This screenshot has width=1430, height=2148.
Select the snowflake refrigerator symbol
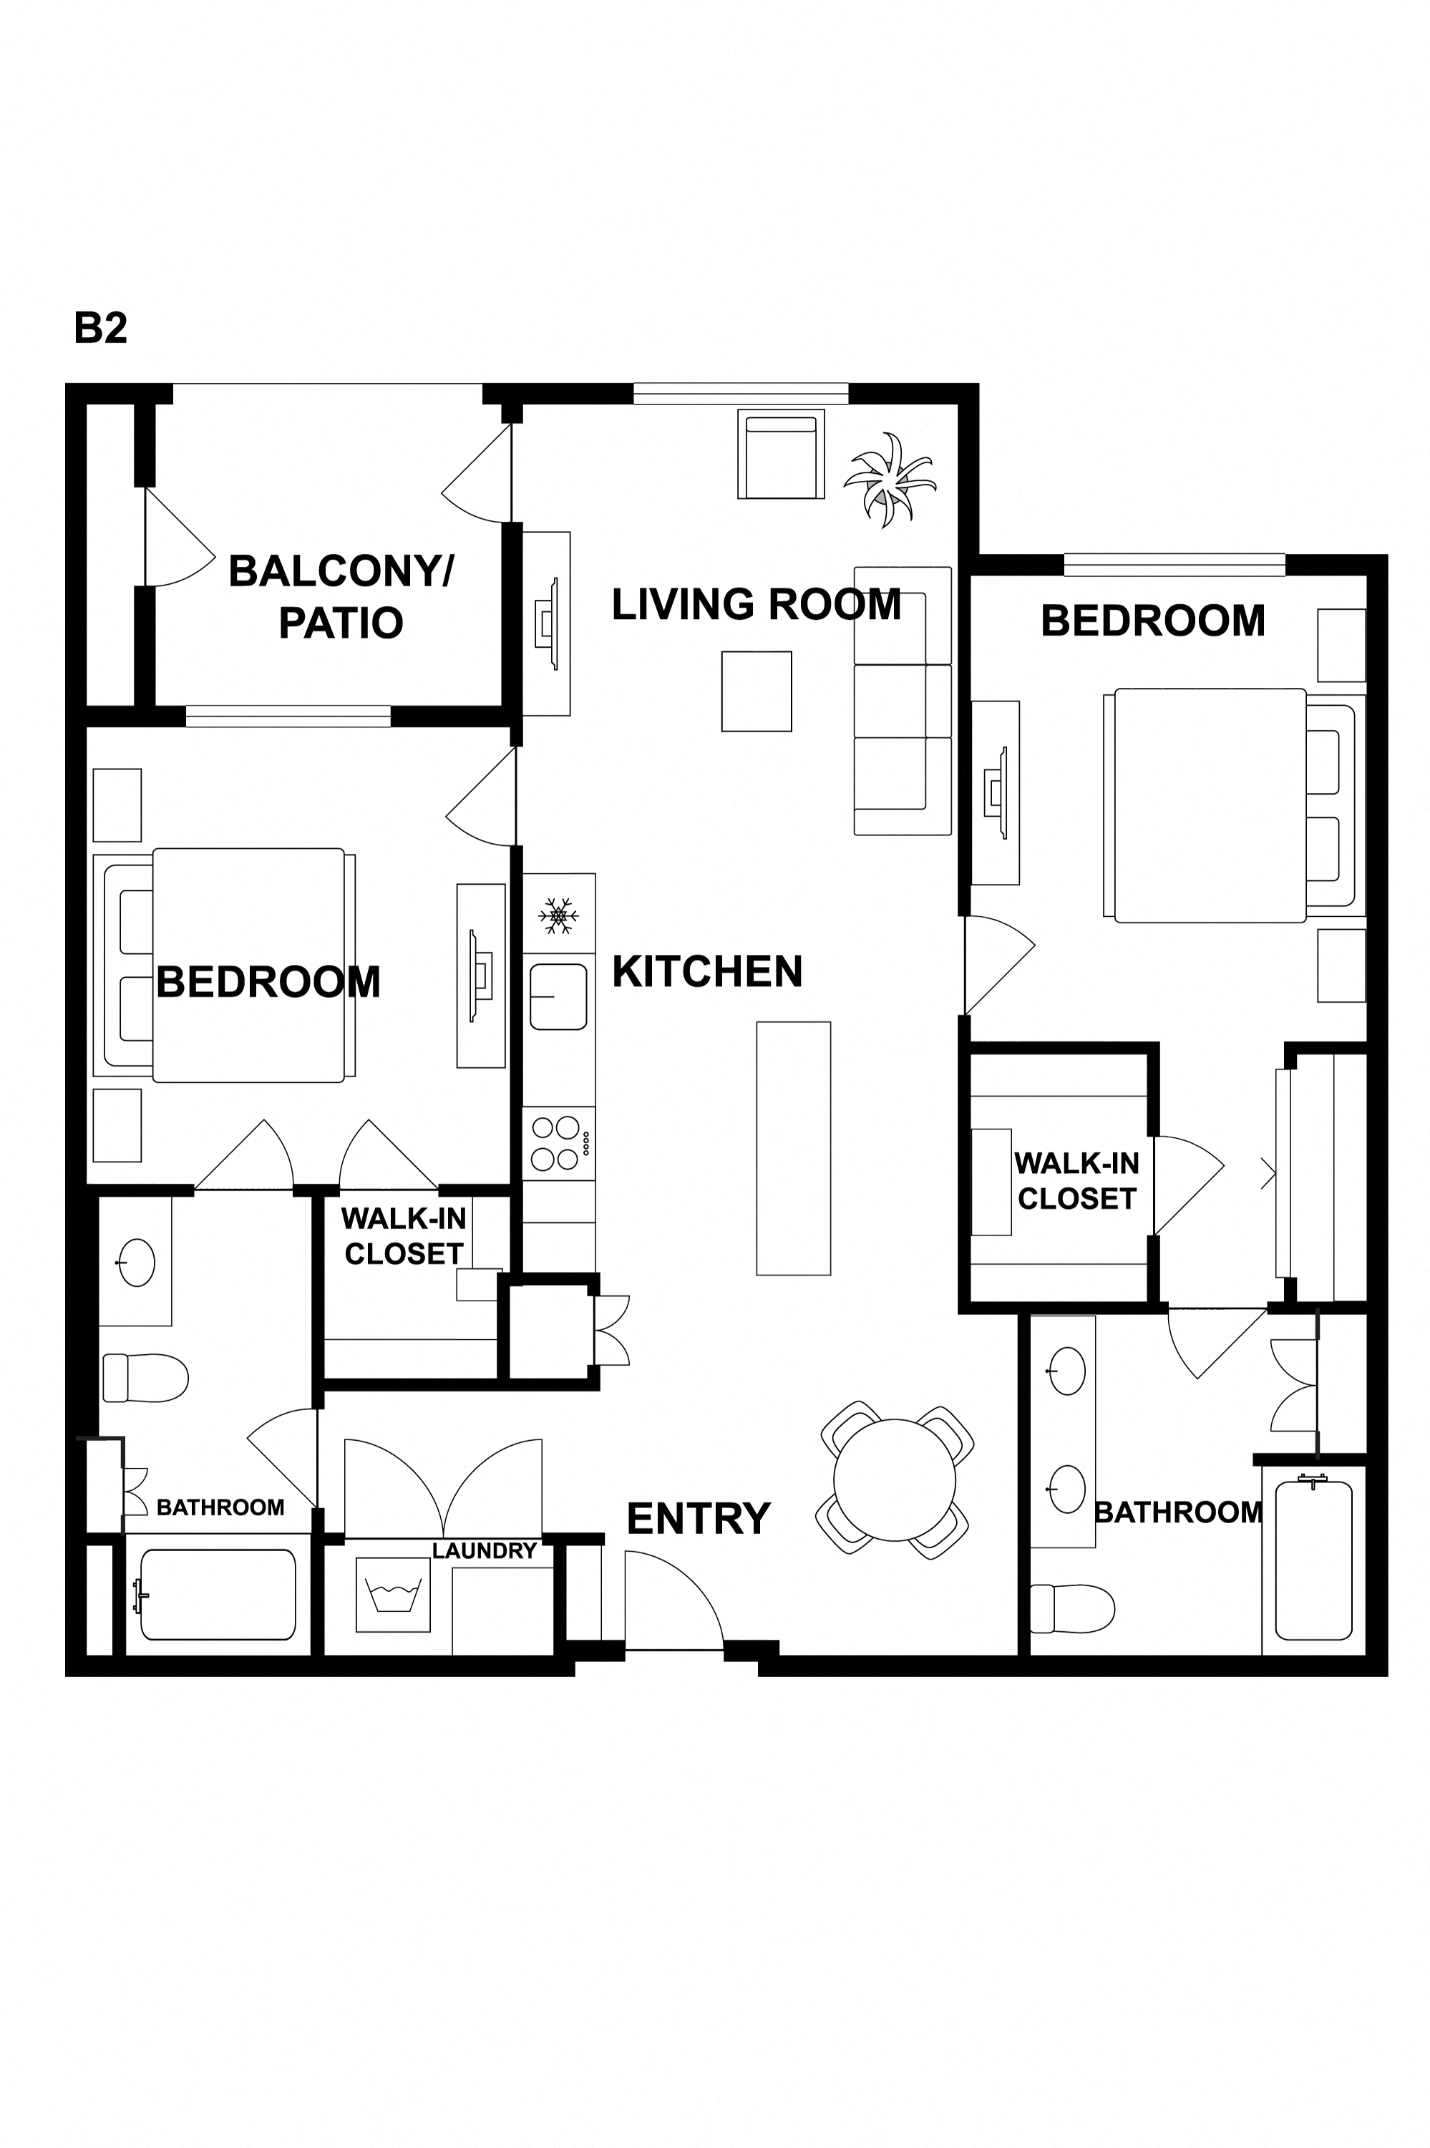pos(558,915)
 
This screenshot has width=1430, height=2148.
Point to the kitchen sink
pos(558,997)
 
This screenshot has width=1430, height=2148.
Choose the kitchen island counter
pos(794,1148)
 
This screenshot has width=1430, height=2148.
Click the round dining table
pos(895,1479)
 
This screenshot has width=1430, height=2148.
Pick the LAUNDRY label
pos(485,1550)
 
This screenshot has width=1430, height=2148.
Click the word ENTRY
pos(699,1519)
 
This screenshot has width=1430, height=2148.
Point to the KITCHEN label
pos(708,971)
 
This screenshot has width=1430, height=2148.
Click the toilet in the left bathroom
pos(145,1377)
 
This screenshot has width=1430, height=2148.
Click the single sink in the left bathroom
pos(137,1263)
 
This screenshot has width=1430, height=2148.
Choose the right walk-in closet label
pos(1077,1181)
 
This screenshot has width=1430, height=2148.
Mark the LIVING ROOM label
pos(756,604)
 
